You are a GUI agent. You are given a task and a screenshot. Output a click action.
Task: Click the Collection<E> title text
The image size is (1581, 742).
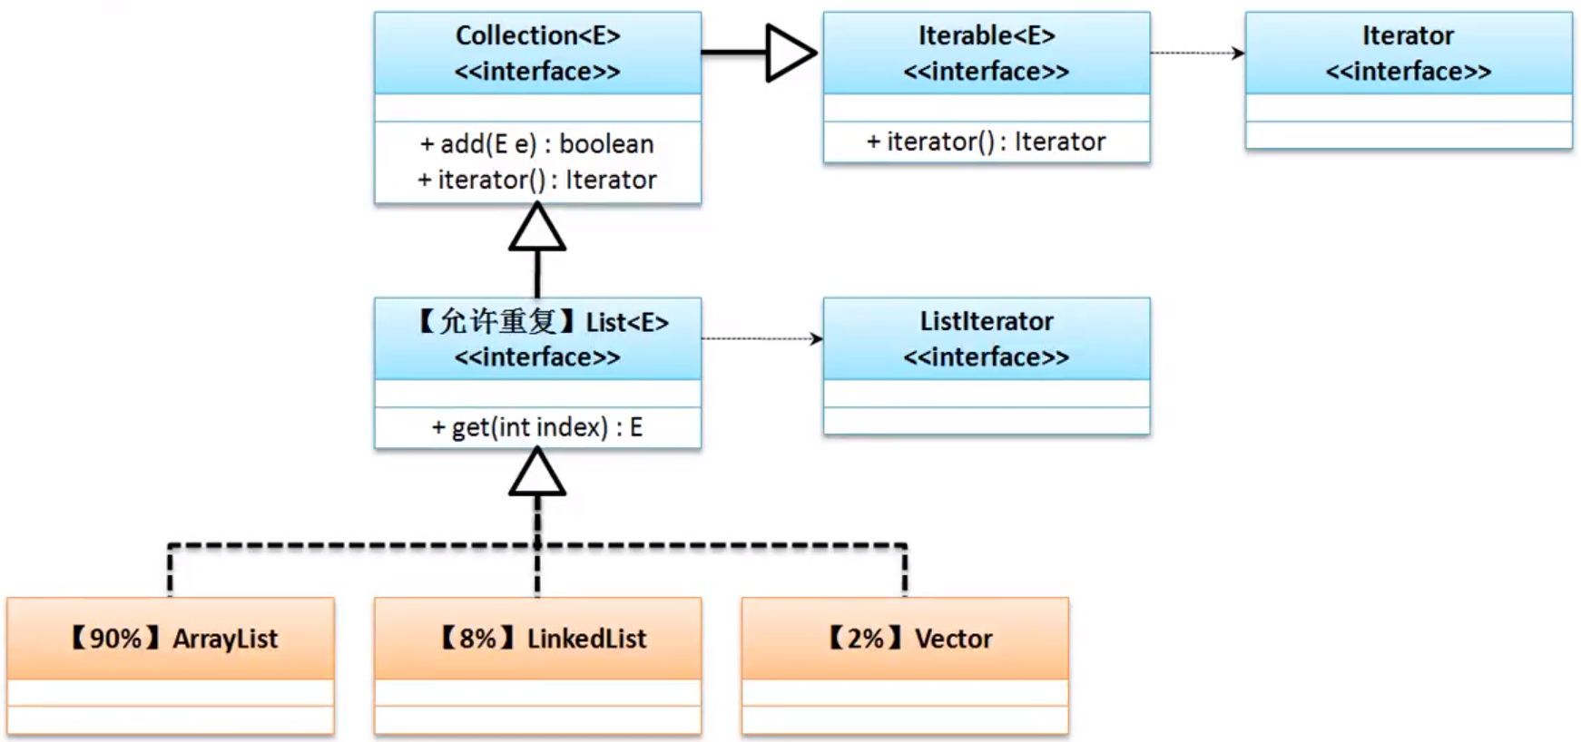[537, 35]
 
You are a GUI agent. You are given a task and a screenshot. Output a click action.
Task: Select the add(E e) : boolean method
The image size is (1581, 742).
[537, 144]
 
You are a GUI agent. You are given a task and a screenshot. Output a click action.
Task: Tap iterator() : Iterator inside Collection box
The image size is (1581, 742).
[537, 180]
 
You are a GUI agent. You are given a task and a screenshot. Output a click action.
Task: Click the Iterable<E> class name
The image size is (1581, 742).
[987, 35]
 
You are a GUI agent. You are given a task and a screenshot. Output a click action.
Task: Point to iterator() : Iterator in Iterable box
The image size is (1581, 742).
[987, 142]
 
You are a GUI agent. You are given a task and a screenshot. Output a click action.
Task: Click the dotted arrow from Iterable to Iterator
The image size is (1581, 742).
[1197, 53]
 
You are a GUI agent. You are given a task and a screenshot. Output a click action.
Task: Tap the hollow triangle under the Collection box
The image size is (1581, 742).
[537, 229]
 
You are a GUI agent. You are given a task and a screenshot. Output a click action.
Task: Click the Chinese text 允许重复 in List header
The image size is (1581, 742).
[497, 321]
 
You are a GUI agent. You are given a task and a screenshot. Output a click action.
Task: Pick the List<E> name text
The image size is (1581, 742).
[627, 322]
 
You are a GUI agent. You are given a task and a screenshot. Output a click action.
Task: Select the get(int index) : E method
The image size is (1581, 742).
[537, 427]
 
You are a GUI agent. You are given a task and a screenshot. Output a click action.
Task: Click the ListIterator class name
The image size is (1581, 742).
[987, 321]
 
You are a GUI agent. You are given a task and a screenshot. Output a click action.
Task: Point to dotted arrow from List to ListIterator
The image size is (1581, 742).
[762, 338]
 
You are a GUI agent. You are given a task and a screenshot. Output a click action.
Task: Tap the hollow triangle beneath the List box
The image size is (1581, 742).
[537, 474]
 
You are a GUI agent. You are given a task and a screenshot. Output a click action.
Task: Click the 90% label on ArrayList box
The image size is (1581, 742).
[115, 639]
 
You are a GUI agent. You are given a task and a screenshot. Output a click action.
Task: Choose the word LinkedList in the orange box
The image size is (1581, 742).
[587, 639]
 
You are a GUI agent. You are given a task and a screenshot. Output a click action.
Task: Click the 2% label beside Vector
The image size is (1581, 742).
[865, 639]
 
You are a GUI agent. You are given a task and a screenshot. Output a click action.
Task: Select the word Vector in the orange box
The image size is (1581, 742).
[953, 639]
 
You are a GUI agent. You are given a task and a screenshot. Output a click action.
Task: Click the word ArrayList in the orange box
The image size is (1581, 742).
[225, 639]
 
